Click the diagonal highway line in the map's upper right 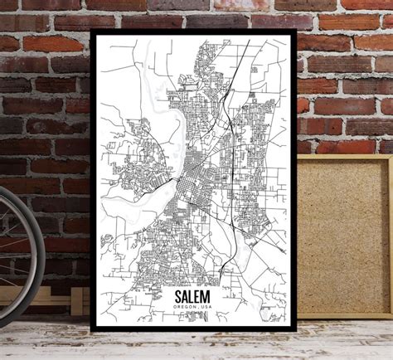click(240, 83)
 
